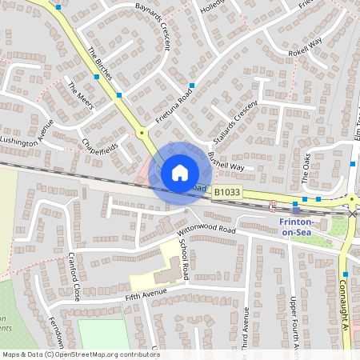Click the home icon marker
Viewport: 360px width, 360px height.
(x=180, y=172)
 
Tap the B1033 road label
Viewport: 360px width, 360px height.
(x=226, y=193)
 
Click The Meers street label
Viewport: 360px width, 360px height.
(x=81, y=96)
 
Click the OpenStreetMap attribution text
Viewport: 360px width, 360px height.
(x=80, y=354)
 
